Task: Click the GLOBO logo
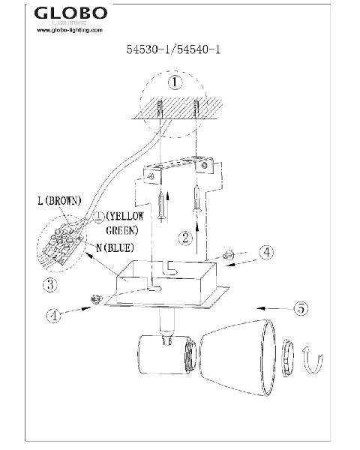tap(70, 13)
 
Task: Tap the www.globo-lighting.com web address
tap(70, 30)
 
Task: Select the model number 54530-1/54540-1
tap(173, 49)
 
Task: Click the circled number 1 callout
tap(175, 82)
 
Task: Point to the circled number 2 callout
tap(185, 238)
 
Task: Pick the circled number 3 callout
tap(50, 284)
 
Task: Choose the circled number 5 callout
tap(301, 308)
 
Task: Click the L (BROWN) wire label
tap(59, 200)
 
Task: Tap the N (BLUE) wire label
tap(115, 247)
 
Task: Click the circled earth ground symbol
tap(99, 217)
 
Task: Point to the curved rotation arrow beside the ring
tap(312, 361)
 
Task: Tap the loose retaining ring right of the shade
tap(288, 358)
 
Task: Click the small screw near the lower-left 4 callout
tap(97, 299)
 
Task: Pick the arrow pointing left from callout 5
tap(274, 308)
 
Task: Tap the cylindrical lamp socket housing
tap(166, 355)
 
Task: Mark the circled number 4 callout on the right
tap(266, 252)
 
